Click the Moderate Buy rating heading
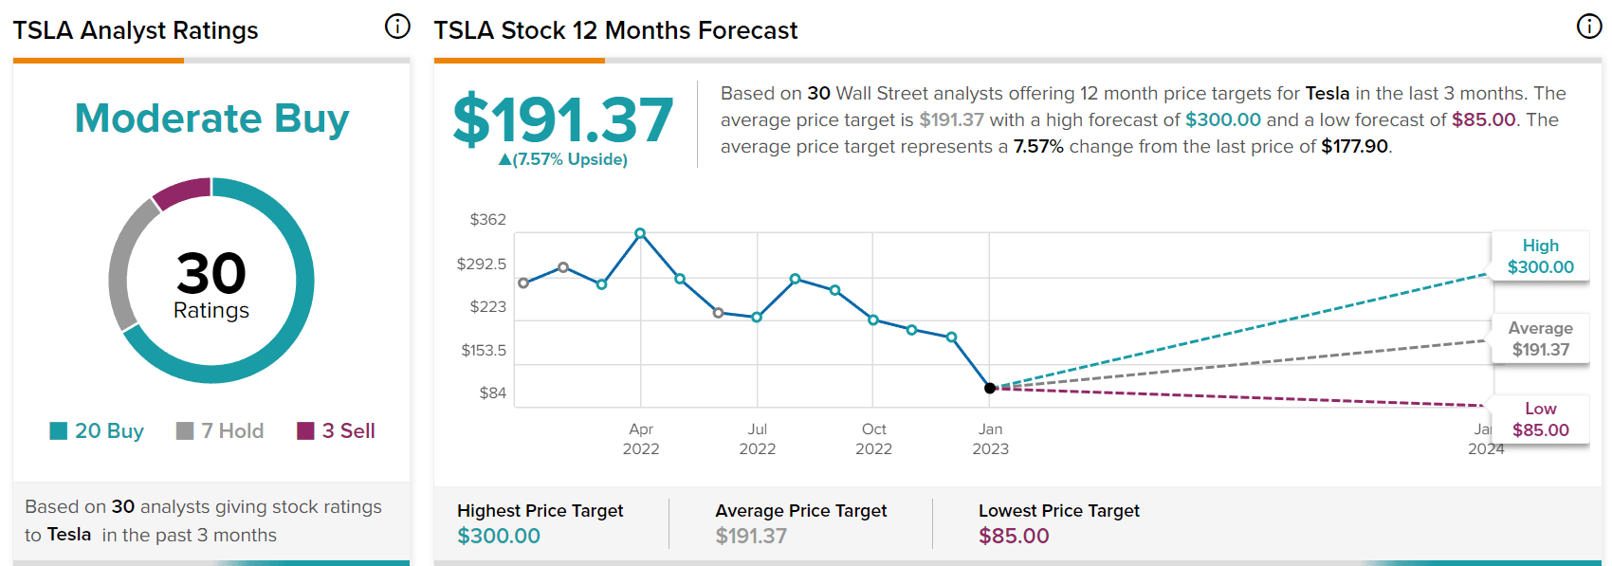211,119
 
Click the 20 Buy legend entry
97,431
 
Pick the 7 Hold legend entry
220,431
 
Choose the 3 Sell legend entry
337,431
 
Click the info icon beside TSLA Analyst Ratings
397,27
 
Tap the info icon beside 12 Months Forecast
1589,27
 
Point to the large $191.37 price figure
563,120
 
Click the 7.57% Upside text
563,159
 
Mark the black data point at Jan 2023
990,388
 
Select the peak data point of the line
640,233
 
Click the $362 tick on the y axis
488,220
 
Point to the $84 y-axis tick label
492,393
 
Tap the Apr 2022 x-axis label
641,439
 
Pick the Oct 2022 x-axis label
873,439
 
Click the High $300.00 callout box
1540,257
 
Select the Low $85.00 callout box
1540,420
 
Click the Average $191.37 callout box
1540,338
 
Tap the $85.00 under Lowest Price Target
1014,536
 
